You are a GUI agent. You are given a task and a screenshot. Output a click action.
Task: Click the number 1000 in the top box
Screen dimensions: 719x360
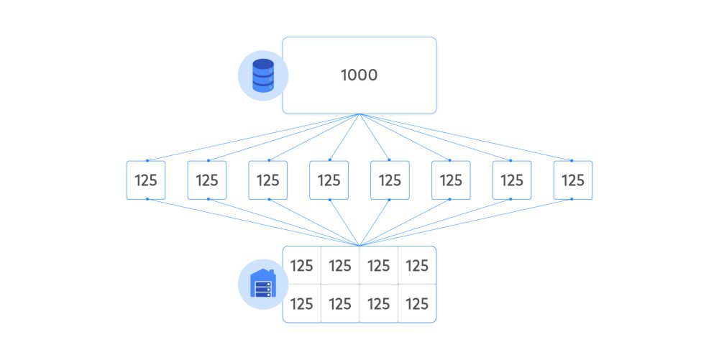pyautogui.click(x=359, y=75)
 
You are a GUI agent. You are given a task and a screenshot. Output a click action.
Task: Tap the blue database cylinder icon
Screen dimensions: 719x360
pyautogui.click(x=263, y=75)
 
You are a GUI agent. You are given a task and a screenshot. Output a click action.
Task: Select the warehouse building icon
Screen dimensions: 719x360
pyautogui.click(x=263, y=284)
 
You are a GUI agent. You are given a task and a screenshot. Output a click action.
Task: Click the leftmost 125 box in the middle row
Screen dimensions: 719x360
pyautogui.click(x=146, y=180)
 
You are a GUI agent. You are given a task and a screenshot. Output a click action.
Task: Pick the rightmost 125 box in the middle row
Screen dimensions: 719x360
pyautogui.click(x=573, y=180)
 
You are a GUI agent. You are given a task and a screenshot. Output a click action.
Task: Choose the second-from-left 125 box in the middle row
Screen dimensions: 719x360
pyautogui.click(x=207, y=180)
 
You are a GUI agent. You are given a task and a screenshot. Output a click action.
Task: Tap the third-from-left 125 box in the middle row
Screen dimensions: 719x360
pyautogui.click(x=267, y=180)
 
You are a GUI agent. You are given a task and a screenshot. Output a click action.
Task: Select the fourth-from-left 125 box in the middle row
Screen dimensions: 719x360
pyautogui.click(x=329, y=180)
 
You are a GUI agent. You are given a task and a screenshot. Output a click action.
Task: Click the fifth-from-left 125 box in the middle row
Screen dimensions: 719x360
pyautogui.click(x=390, y=180)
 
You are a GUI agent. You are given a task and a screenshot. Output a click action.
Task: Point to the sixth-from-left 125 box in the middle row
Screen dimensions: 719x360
pyautogui.click(x=451, y=180)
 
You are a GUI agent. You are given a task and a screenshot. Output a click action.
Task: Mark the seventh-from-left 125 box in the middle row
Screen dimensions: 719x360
pyautogui.click(x=512, y=180)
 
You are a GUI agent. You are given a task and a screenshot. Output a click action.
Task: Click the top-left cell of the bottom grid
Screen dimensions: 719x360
pyautogui.click(x=302, y=265)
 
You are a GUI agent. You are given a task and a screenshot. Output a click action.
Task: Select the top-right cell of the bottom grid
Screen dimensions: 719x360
pyautogui.click(x=417, y=265)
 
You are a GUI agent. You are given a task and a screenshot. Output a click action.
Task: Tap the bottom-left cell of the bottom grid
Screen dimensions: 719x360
pyautogui.click(x=302, y=304)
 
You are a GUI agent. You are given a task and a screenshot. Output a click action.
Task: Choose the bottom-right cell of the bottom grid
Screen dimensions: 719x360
pyautogui.click(x=417, y=304)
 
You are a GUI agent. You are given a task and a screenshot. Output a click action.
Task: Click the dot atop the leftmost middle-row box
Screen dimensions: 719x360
pyautogui.click(x=147, y=160)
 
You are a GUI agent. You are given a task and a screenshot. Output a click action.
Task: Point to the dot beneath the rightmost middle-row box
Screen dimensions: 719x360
pyautogui.click(x=572, y=199)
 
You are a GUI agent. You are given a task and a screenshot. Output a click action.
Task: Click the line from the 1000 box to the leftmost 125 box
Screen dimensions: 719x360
pyautogui.click(x=253, y=137)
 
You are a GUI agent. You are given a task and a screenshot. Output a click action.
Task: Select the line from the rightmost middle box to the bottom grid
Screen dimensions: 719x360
pyautogui.click(x=465, y=223)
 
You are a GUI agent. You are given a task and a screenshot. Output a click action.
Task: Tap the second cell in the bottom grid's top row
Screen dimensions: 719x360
pyautogui.click(x=340, y=265)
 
